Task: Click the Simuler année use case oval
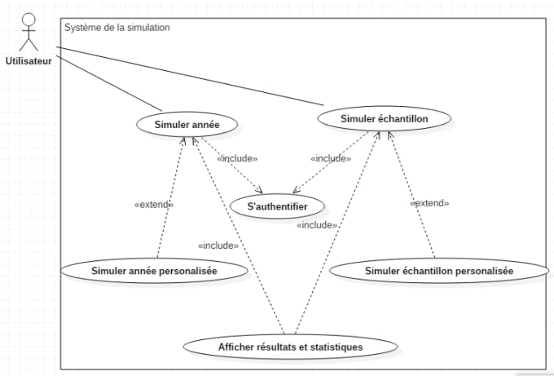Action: coord(187,124)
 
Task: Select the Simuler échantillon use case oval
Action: coord(384,118)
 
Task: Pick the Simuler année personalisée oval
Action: coord(154,270)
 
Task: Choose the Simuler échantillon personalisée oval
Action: coord(438,271)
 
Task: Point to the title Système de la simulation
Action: coord(117,27)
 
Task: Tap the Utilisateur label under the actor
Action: coord(29,60)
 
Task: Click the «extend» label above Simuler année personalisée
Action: coord(153,205)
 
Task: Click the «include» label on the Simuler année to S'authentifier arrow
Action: coord(237,158)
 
